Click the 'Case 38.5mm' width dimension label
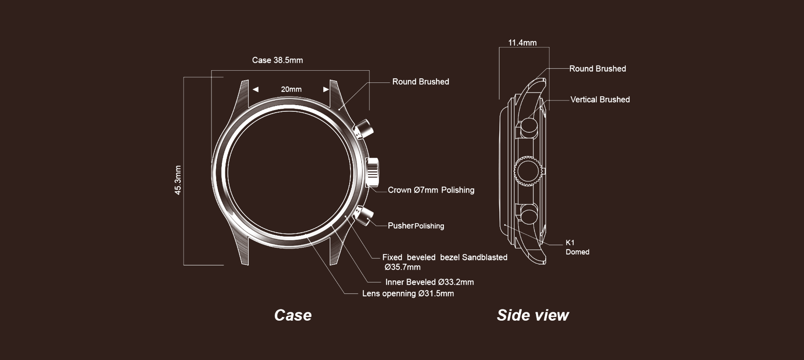[x=277, y=60]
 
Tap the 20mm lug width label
[x=291, y=89]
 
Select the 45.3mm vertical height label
[x=178, y=180]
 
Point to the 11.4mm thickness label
[x=522, y=43]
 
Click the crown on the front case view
[x=372, y=171]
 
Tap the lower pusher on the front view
[x=363, y=215]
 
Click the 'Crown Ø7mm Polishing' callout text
[x=431, y=190]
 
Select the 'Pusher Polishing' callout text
[x=416, y=226]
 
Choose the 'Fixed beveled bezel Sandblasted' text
[x=445, y=257]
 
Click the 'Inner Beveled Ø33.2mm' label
[x=430, y=282]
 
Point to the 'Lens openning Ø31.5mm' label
[x=408, y=293]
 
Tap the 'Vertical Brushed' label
[x=600, y=100]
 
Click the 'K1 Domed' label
[x=577, y=247]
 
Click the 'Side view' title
[x=533, y=315]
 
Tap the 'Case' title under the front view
[x=293, y=315]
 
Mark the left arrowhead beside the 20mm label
[x=255, y=89]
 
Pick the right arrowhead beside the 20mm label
[x=326, y=89]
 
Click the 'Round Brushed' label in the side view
[x=597, y=69]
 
